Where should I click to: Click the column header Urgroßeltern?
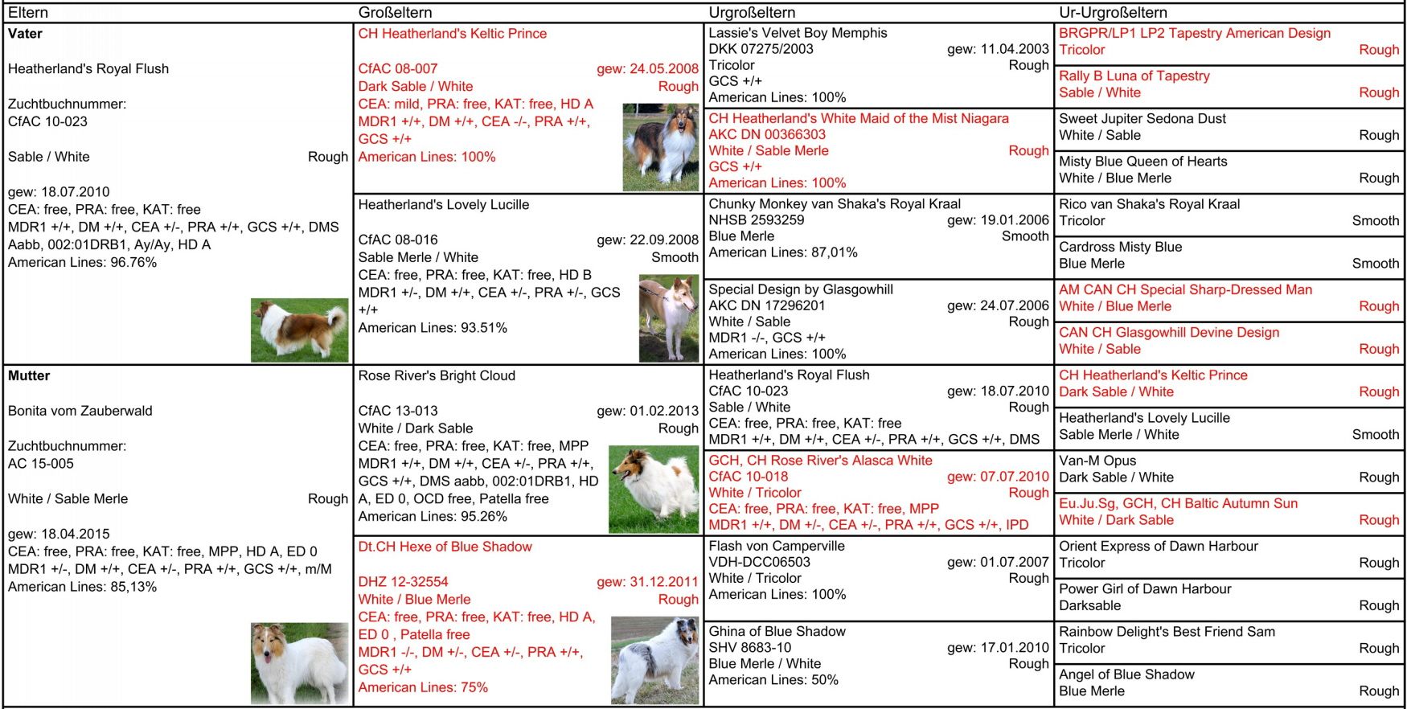coord(752,12)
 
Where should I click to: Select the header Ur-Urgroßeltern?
coord(1113,12)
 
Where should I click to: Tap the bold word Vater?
coord(25,34)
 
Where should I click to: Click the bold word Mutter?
coord(29,375)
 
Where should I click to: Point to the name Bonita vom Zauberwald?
coord(80,411)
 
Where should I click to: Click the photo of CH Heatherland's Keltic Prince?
coord(660,147)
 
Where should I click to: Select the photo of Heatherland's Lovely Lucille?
coord(669,318)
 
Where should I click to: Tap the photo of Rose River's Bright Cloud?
coord(654,490)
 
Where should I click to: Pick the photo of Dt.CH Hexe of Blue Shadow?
coord(654,660)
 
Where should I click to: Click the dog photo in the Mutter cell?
coord(299,663)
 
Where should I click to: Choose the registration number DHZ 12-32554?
coord(403,582)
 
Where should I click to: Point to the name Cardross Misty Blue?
coord(1120,247)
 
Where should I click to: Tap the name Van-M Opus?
coord(1097,461)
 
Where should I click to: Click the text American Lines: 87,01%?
coord(782,252)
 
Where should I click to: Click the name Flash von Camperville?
coord(776,546)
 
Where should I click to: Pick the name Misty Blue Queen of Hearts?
coord(1142,162)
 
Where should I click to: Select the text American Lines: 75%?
coord(423,687)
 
